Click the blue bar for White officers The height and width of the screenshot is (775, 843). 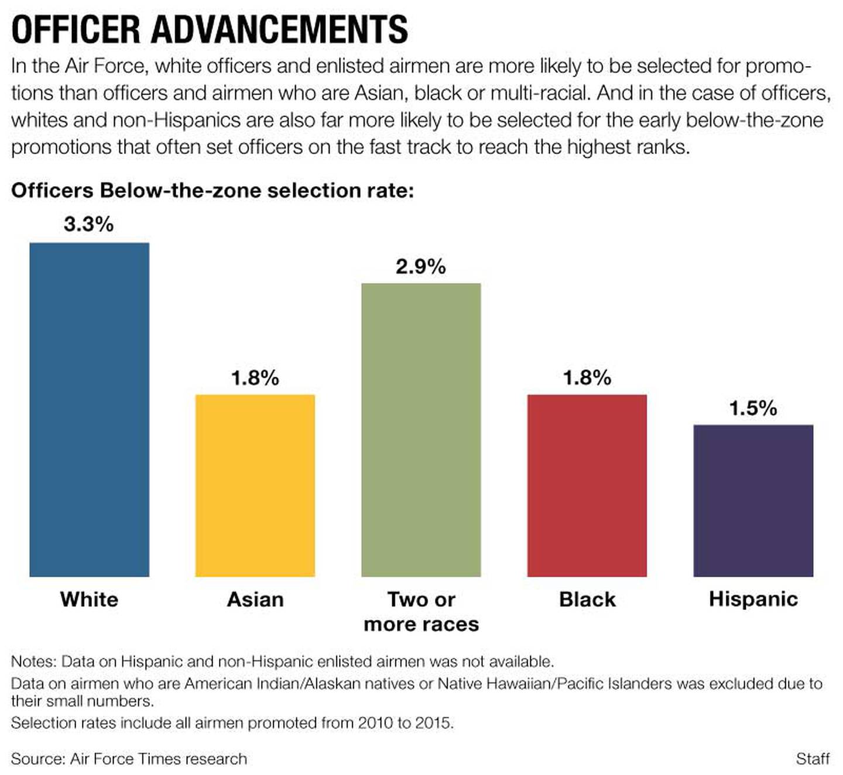pos(89,409)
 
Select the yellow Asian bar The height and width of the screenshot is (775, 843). pos(255,485)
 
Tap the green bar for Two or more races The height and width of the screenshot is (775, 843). pos(421,430)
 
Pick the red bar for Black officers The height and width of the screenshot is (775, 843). pos(587,485)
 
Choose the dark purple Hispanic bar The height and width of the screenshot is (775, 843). pos(753,501)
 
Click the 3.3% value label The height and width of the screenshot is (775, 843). pos(89,224)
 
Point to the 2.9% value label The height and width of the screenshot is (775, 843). pos(421,267)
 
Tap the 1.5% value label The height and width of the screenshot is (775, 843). pos(753,408)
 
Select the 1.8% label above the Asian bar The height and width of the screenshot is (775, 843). pos(255,378)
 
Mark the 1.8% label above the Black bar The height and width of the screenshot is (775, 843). pos(587,378)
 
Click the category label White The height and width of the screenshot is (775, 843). pos(89,600)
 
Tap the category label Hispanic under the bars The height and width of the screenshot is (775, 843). pos(753,599)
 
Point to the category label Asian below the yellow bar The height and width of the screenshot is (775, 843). pos(255,600)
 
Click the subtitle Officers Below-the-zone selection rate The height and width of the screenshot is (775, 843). pos(212,191)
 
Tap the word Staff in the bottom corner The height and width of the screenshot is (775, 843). pos(813,759)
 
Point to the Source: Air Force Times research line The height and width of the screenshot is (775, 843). pos(129,759)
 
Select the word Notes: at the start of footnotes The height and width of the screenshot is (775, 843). pos(33,662)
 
